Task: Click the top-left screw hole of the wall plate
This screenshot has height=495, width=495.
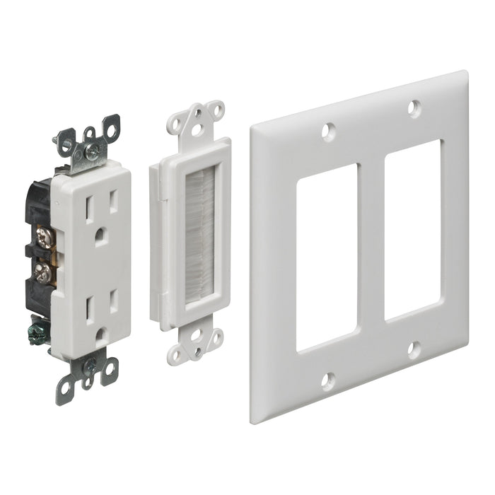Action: (x=327, y=131)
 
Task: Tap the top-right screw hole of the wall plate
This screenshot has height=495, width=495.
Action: (x=414, y=108)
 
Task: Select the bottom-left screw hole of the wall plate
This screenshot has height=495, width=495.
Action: (x=327, y=380)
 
